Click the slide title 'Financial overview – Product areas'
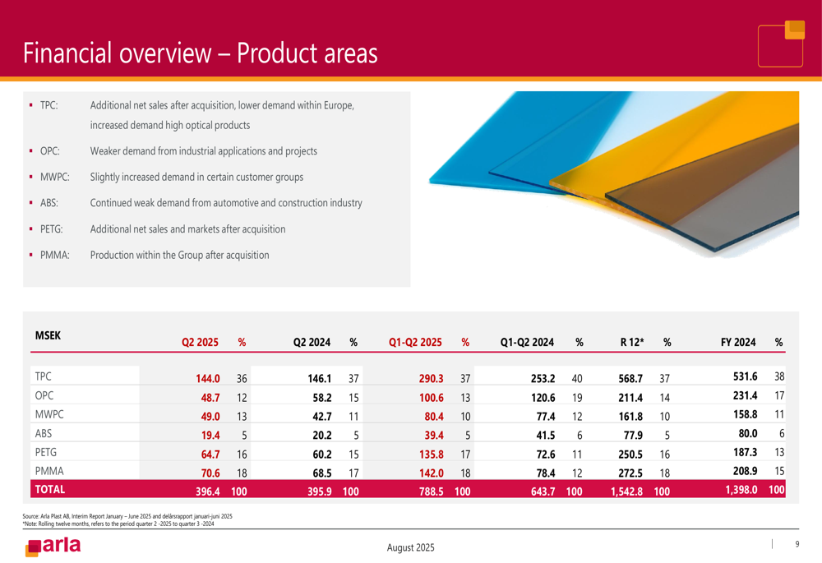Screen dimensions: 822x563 coord(201,53)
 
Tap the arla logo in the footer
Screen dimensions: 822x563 coord(53,547)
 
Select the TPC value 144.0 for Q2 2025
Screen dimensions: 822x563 coord(208,378)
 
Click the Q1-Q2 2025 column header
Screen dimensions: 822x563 coord(415,342)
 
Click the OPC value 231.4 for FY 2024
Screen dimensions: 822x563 coord(745,396)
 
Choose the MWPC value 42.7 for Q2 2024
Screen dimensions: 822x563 coord(322,417)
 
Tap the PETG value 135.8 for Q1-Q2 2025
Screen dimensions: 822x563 coord(431,455)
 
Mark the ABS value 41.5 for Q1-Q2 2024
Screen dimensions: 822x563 coord(545,436)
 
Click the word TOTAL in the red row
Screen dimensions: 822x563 coord(50,490)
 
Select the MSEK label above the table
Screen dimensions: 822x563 coord(48,335)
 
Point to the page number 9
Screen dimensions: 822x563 coord(797,544)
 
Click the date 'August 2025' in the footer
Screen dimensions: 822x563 coord(410,548)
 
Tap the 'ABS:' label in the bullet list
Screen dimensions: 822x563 coord(49,203)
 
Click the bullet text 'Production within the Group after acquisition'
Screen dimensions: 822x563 coord(179,256)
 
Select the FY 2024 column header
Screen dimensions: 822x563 coord(738,342)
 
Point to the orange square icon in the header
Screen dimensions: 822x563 coord(795,30)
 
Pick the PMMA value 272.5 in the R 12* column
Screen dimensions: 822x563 coord(630,473)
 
